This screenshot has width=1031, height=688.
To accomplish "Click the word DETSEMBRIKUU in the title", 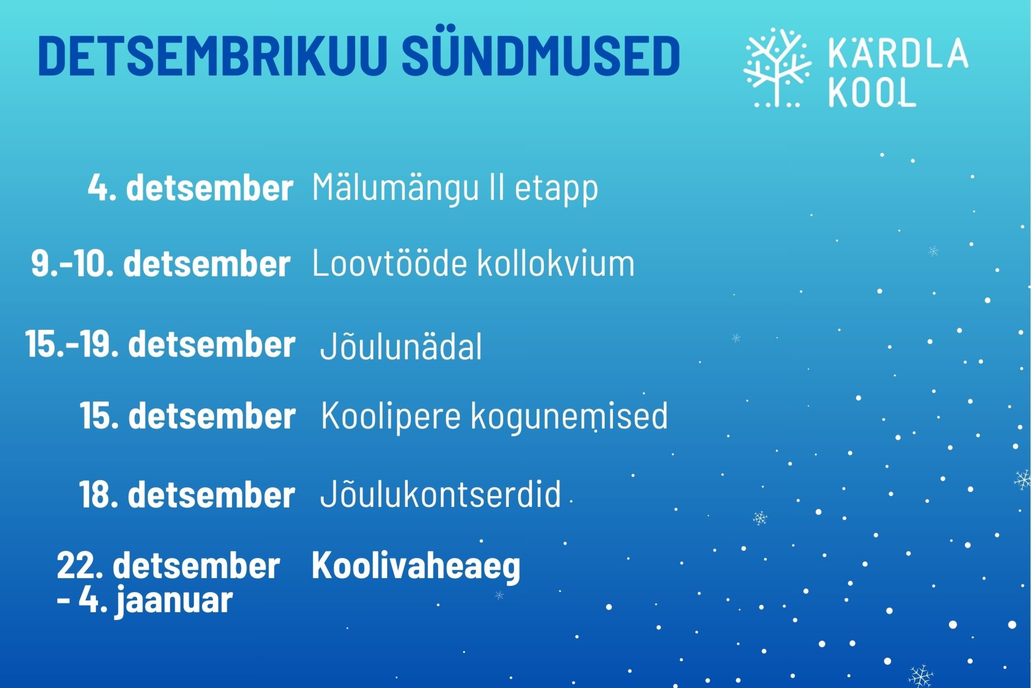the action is point(213,57).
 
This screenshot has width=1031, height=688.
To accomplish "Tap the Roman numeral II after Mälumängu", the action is point(496,188).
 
